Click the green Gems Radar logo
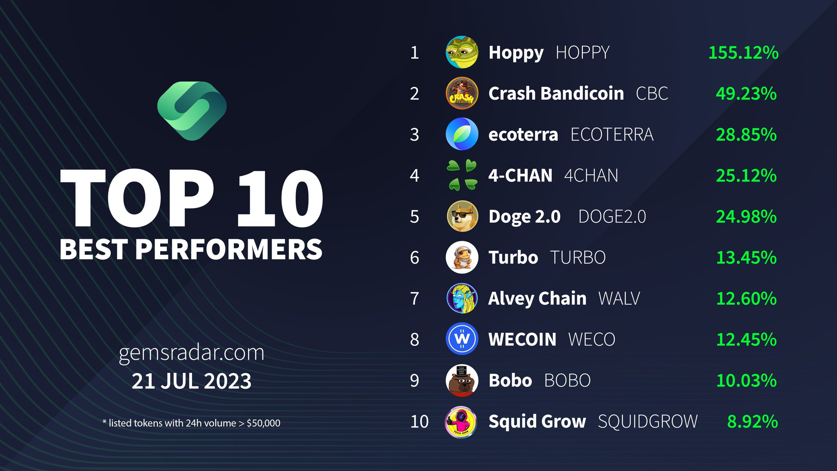click(192, 110)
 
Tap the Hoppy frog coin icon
click(462, 52)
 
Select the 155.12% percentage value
click(743, 53)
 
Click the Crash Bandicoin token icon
click(462, 93)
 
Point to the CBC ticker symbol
click(652, 94)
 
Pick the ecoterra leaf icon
click(462, 134)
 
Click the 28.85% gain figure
click(746, 135)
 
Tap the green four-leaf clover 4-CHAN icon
click(462, 175)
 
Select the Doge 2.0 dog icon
click(462, 216)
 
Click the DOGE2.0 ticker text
click(612, 217)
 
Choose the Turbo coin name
click(513, 258)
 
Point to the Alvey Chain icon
click(462, 298)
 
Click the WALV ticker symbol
click(619, 298)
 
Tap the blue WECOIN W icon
click(462, 339)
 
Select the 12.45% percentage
click(746, 339)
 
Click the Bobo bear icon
click(462, 380)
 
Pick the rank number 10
click(419, 422)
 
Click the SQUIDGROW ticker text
click(647, 422)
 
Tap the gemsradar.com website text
click(191, 353)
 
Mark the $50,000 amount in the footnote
click(263, 423)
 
